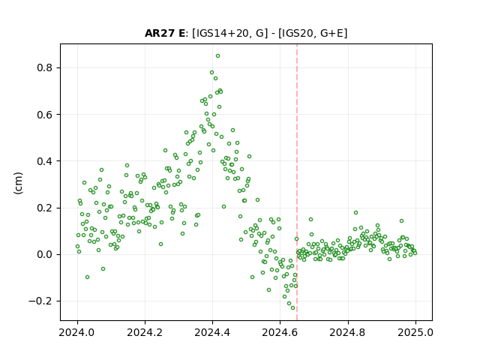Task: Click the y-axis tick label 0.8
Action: tap(45, 67)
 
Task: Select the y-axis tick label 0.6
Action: tap(45, 115)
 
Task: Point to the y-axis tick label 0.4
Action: tap(45, 161)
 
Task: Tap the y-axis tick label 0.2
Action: tap(45, 208)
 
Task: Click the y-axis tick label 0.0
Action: tap(45, 254)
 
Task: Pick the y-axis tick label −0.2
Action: tap(40, 301)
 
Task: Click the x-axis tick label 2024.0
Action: tap(77, 332)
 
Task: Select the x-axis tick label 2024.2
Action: tap(145, 332)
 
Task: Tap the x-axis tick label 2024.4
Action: tap(212, 332)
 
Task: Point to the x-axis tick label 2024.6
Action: tap(280, 332)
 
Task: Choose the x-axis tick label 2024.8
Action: tap(348, 332)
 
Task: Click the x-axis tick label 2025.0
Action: tap(415, 332)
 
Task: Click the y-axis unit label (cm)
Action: tap(18, 183)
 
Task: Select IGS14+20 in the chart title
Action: tap(220, 33)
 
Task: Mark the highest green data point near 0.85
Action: tap(217, 56)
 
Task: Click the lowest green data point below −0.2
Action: tap(292, 308)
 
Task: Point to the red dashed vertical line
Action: tap(297, 182)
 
